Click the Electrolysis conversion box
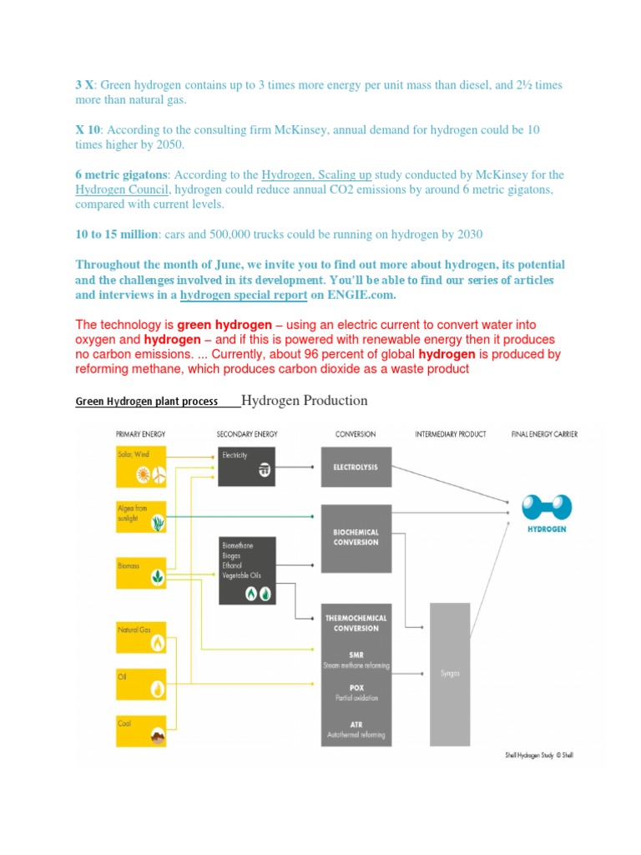356,467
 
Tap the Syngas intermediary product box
451,672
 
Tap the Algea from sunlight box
144,517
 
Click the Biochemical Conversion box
356,536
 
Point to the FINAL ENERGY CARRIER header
543,434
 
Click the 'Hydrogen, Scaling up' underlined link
316,175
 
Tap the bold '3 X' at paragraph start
85,85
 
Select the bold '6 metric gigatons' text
121,175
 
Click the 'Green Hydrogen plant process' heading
147,401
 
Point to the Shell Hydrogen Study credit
539,755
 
